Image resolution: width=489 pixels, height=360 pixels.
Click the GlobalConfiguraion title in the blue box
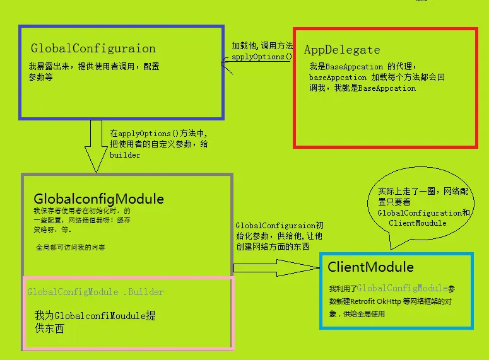(93, 49)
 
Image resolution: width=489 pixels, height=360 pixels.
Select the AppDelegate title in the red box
(342, 50)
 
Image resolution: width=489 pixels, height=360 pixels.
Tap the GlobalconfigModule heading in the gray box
(98, 199)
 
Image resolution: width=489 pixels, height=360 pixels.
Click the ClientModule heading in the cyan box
(370, 267)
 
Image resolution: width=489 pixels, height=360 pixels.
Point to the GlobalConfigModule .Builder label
(95, 292)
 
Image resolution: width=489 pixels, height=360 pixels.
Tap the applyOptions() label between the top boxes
(262, 57)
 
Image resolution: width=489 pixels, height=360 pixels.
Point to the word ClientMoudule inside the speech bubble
(417, 223)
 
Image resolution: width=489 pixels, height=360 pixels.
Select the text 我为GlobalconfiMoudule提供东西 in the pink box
(95, 322)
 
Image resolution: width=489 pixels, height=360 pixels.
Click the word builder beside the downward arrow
(125, 154)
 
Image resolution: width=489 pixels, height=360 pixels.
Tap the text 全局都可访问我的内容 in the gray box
(71, 248)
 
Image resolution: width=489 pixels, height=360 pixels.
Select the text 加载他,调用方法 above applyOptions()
(262, 46)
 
